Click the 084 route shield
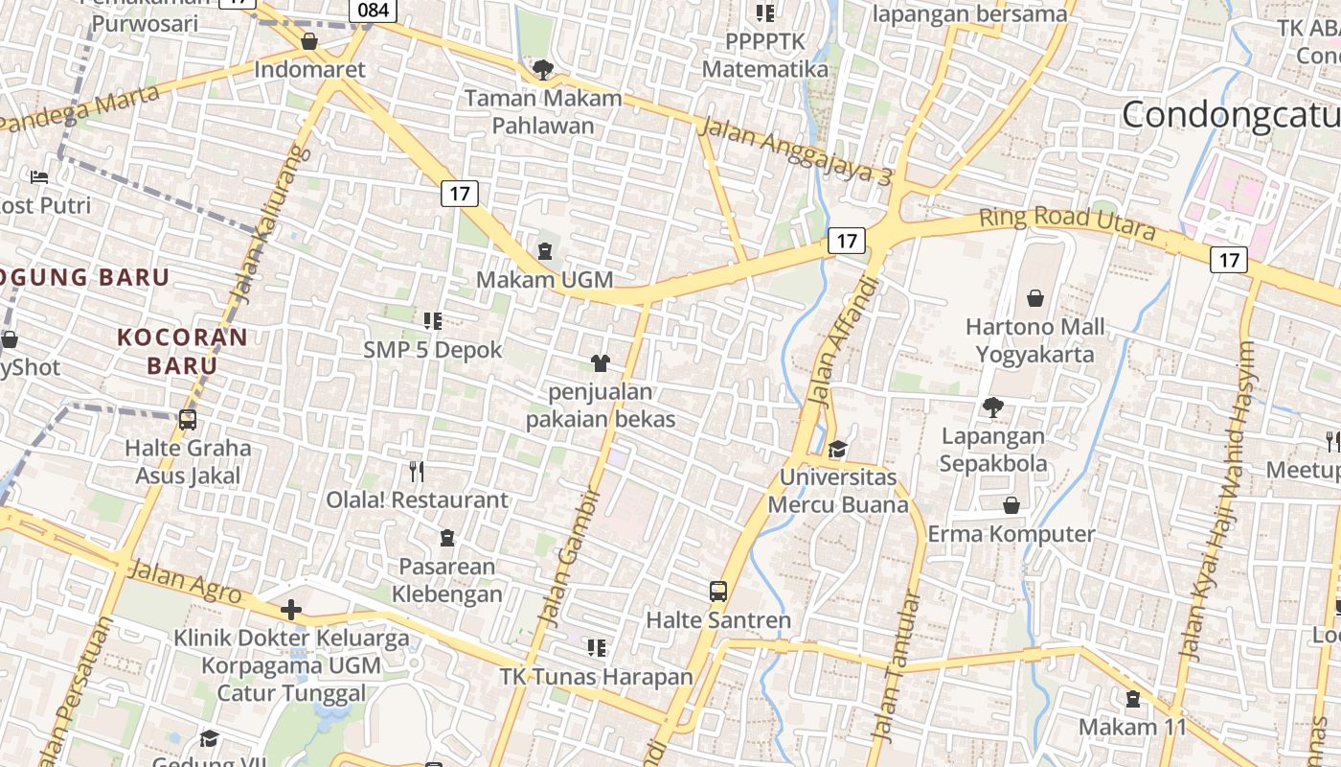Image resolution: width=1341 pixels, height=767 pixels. [x=374, y=11]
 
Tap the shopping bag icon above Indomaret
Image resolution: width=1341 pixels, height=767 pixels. [x=309, y=41]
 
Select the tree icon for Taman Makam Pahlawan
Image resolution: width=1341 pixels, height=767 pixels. [x=543, y=69]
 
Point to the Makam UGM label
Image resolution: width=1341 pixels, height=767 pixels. [x=545, y=279]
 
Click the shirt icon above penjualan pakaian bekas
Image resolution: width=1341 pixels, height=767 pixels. [x=601, y=362]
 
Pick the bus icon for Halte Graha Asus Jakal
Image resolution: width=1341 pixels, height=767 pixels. [x=188, y=419]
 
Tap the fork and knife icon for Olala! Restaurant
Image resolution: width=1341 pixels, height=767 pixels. [x=417, y=471]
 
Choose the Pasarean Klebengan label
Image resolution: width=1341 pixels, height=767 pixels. [x=447, y=580]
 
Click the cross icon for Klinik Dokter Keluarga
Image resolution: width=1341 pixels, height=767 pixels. [x=291, y=610]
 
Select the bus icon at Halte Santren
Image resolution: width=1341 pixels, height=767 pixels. [x=718, y=592]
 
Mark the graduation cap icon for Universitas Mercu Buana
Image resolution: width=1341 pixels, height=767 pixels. [x=838, y=449]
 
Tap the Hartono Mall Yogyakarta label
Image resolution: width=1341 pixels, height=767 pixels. [x=1034, y=340]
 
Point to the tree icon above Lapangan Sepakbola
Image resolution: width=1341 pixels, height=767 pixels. [x=993, y=407]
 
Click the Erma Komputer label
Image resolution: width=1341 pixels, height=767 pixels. [x=1011, y=534]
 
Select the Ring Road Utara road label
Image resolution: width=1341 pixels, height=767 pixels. [x=1066, y=223]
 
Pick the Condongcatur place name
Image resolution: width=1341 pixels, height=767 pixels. [x=1231, y=115]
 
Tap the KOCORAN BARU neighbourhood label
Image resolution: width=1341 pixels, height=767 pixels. [x=183, y=351]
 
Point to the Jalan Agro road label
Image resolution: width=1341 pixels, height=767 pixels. [x=185, y=582]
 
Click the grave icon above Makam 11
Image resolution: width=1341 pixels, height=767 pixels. [x=1133, y=699]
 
